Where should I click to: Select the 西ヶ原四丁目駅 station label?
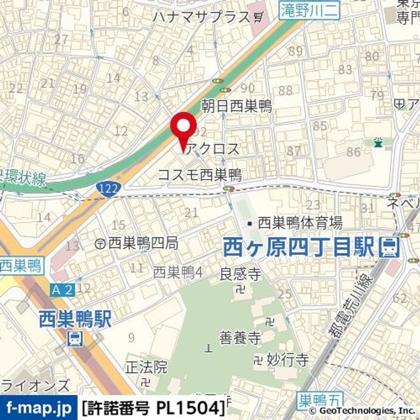click(x=298, y=247)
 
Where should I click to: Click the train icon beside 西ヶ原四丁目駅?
click(x=388, y=248)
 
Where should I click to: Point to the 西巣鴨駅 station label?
click(x=75, y=318)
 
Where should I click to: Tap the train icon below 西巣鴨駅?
click(x=75, y=338)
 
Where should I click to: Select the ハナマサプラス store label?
click(x=201, y=16)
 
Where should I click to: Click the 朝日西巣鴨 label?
click(x=236, y=106)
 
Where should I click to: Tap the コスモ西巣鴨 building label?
click(x=199, y=174)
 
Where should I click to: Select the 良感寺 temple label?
click(x=239, y=273)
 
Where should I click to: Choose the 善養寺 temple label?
click(x=239, y=337)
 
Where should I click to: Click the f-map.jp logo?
click(x=38, y=405)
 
